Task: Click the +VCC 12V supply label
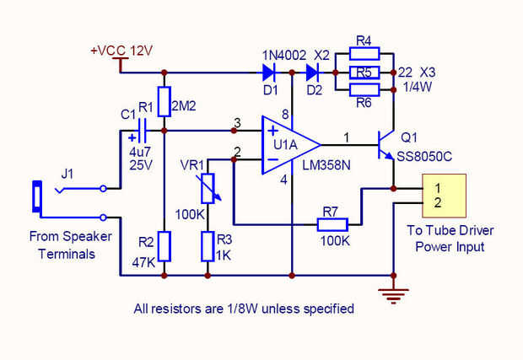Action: pos(121,51)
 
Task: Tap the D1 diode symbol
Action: pos(271,72)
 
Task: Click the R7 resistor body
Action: pos(334,224)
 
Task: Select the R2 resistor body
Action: pos(164,247)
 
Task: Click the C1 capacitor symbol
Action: pos(140,131)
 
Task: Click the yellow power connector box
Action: pos(444,196)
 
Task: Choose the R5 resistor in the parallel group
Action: pos(364,72)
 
